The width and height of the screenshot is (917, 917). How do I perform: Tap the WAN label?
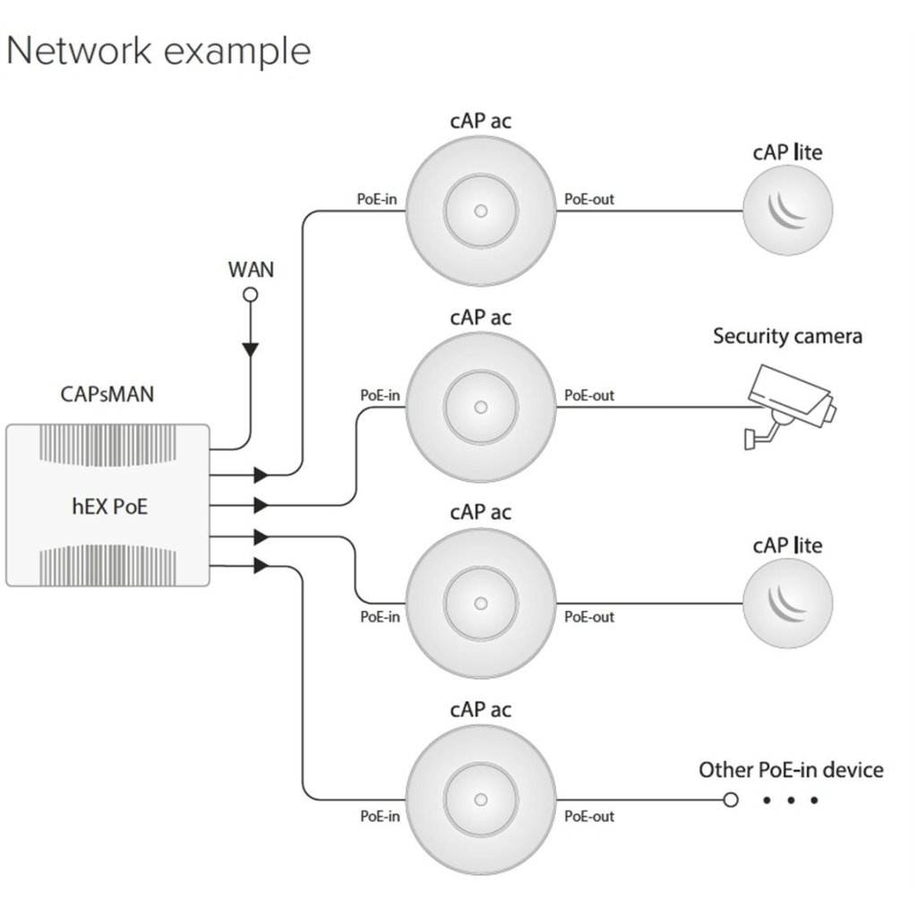click(x=251, y=269)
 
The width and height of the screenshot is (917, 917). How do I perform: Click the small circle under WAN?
click(x=251, y=295)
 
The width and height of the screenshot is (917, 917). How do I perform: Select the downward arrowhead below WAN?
click(x=251, y=349)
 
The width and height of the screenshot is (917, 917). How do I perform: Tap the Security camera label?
click(x=787, y=337)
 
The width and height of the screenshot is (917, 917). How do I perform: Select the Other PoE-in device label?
click(x=791, y=770)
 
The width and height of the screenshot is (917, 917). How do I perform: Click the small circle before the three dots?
click(x=731, y=799)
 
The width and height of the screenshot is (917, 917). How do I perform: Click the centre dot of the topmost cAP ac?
click(x=481, y=212)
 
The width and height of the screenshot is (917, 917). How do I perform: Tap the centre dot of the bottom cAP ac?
click(x=481, y=799)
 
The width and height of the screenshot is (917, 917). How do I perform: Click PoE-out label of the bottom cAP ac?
click(x=588, y=817)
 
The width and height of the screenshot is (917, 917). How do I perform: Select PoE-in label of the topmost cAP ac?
click(x=377, y=199)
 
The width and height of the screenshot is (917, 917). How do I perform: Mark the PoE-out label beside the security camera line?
click(x=588, y=395)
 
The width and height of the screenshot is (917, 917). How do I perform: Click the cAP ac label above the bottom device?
click(x=481, y=709)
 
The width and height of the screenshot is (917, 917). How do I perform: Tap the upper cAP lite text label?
click(x=787, y=153)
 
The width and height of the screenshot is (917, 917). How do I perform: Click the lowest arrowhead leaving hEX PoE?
click(x=261, y=566)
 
